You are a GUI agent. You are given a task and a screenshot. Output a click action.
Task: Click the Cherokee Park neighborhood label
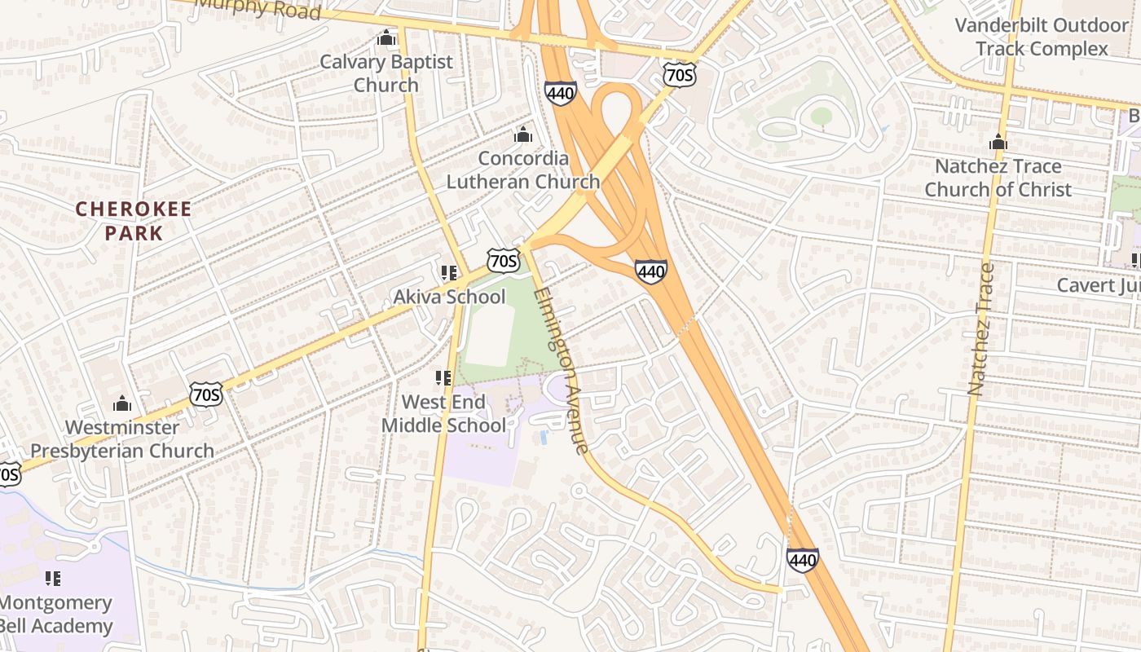click(134, 221)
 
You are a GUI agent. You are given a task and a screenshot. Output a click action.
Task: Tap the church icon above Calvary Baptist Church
click(386, 38)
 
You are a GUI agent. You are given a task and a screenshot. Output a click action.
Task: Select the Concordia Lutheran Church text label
click(522, 170)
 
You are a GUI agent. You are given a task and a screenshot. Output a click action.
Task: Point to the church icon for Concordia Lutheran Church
click(523, 134)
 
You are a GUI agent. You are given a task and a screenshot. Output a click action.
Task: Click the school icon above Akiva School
click(448, 273)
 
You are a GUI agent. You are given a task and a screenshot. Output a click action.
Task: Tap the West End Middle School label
click(443, 413)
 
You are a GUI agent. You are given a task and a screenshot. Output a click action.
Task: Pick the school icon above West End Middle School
click(443, 378)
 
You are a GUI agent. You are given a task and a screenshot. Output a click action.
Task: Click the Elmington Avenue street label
click(560, 371)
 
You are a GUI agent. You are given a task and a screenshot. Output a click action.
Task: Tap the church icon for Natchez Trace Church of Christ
click(998, 143)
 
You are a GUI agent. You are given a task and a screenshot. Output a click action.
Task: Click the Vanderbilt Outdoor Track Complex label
click(1042, 37)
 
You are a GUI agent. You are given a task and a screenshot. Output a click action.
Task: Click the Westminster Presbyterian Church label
click(122, 438)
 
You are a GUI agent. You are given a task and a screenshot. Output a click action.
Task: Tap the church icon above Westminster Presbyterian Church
click(122, 403)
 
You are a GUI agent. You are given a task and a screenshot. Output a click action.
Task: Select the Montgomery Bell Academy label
click(55, 615)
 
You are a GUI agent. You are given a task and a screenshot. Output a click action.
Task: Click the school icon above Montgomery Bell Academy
click(53, 579)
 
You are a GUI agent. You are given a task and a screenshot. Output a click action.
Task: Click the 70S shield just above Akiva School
click(503, 261)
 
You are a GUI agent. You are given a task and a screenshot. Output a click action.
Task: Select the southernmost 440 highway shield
click(802, 560)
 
